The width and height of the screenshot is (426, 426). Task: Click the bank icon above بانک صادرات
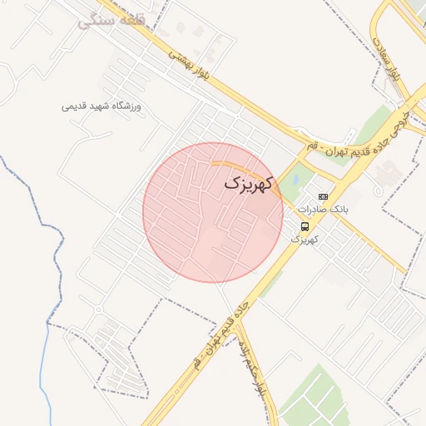(x=324, y=196)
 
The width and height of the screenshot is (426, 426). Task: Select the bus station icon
(x=305, y=226)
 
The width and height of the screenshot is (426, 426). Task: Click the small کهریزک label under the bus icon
(x=305, y=239)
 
